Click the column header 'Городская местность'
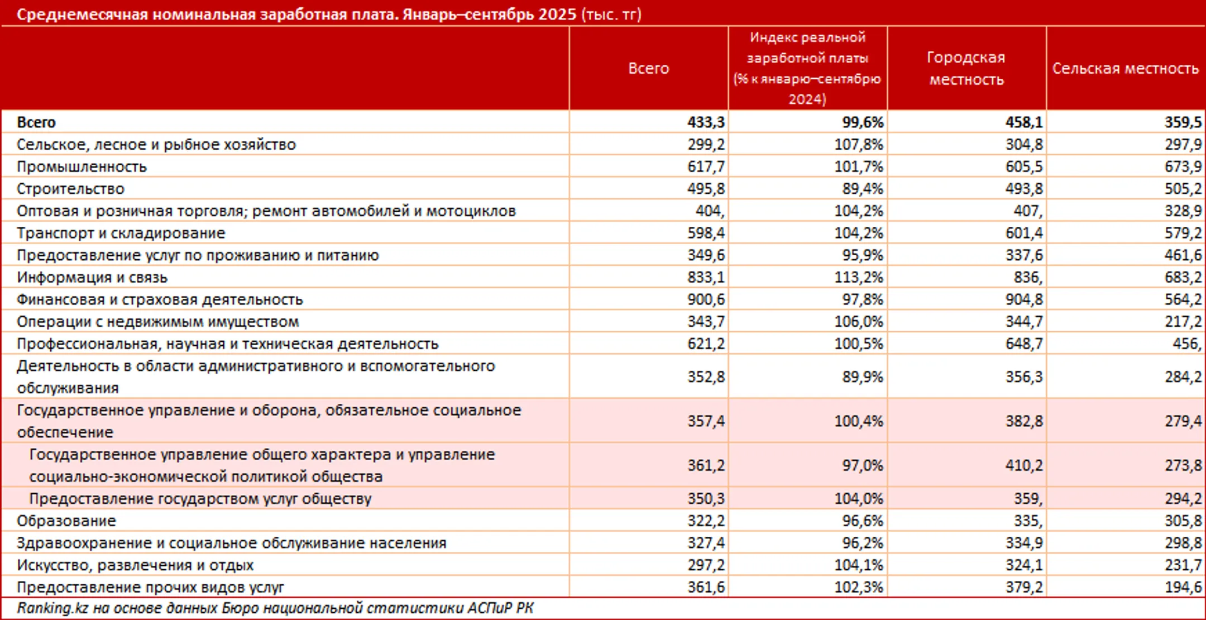pos(966,68)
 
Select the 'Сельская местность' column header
pos(1126,68)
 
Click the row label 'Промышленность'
pos(82,166)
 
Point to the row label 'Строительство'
pos(70,189)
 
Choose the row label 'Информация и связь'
pos(92,277)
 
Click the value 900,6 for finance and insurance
pos(706,299)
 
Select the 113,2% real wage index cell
pos(859,277)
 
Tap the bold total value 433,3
pos(706,122)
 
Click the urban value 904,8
pos(1024,299)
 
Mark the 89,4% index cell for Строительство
pos(863,189)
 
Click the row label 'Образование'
pos(66,521)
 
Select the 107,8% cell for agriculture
pos(859,144)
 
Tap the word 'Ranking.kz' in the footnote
pos(52,608)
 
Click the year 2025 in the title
pos(557,14)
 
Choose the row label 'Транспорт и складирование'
pos(121,233)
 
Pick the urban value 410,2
pos(1024,465)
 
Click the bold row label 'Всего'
pos(36,122)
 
